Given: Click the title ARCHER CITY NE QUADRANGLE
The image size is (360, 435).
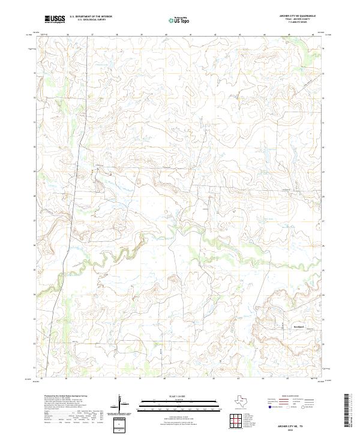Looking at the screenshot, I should pyautogui.click(x=298, y=16).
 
